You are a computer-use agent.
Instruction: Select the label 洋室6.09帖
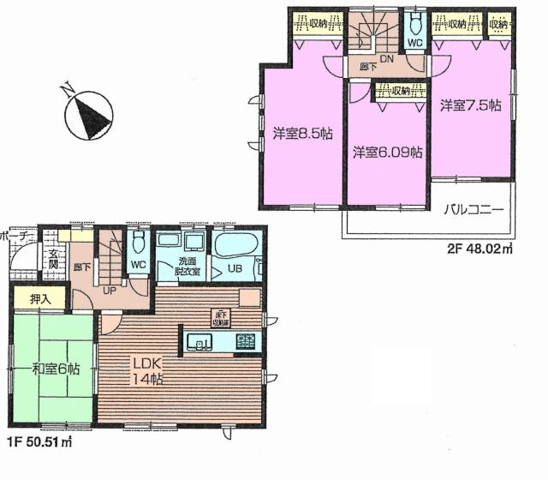coord(388,153)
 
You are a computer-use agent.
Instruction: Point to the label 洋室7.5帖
coord(470,105)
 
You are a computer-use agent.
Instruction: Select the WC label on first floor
coord(137,265)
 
